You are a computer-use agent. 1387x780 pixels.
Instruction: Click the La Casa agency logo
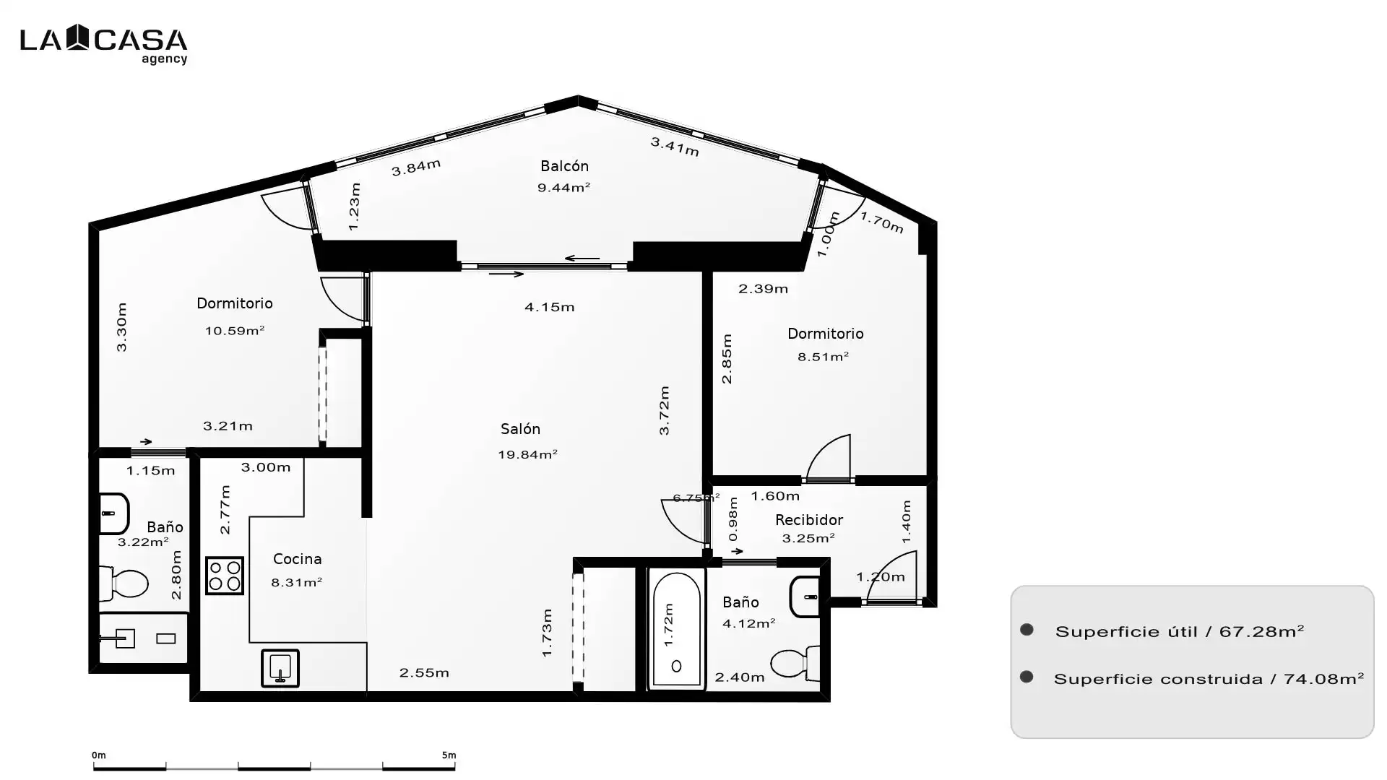(103, 44)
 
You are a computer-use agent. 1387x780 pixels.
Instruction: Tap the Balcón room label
(564, 166)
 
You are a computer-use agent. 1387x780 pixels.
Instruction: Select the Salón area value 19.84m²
(527, 454)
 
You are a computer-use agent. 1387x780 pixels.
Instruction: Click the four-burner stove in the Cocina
(225, 576)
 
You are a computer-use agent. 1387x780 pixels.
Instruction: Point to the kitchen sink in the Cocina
(280, 668)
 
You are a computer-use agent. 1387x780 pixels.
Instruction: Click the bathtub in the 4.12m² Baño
(676, 629)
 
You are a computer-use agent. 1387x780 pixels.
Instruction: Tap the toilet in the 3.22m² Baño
(124, 584)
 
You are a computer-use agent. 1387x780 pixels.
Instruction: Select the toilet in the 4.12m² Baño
(795, 662)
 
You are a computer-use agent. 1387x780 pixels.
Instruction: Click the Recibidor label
(808, 520)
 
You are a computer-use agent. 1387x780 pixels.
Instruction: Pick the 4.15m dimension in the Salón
(549, 307)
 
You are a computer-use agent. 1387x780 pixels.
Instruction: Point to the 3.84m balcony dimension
(416, 167)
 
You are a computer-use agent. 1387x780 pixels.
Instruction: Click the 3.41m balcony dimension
(675, 147)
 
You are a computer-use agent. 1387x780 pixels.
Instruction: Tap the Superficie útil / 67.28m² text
(1180, 631)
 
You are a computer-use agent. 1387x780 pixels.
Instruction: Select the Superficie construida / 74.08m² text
(1209, 679)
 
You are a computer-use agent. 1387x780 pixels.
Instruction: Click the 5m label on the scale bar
(449, 755)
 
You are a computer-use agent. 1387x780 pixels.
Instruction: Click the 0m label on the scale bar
(99, 755)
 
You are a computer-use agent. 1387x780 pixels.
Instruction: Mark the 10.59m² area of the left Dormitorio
(235, 331)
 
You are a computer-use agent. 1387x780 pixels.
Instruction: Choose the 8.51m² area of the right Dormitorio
(823, 357)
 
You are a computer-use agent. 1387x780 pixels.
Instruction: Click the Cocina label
(298, 559)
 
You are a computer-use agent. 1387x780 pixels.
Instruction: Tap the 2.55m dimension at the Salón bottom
(424, 672)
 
